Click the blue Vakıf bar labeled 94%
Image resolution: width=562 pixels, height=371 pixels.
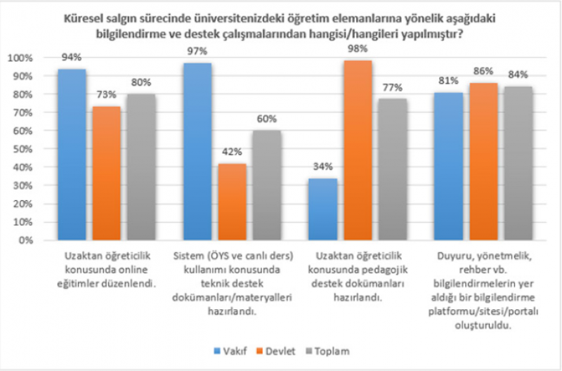click(x=72, y=155)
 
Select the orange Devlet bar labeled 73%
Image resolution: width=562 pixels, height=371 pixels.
click(x=107, y=174)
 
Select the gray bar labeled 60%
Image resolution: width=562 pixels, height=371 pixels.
click(x=267, y=185)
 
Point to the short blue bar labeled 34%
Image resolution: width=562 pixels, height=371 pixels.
click(x=322, y=209)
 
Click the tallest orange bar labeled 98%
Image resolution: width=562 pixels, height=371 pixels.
click(x=358, y=150)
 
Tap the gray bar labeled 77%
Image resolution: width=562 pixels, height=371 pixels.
click(x=392, y=169)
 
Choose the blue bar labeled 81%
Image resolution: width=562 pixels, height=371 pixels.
click(x=447, y=167)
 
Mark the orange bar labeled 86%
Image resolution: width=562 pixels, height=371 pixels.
click(x=483, y=162)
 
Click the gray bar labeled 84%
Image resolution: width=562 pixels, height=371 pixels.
click(x=518, y=164)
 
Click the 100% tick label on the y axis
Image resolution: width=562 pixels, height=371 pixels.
click(x=21, y=58)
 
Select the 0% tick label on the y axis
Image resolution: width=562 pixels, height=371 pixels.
click(x=26, y=240)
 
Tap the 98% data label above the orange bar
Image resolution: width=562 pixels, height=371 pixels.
click(x=358, y=49)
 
